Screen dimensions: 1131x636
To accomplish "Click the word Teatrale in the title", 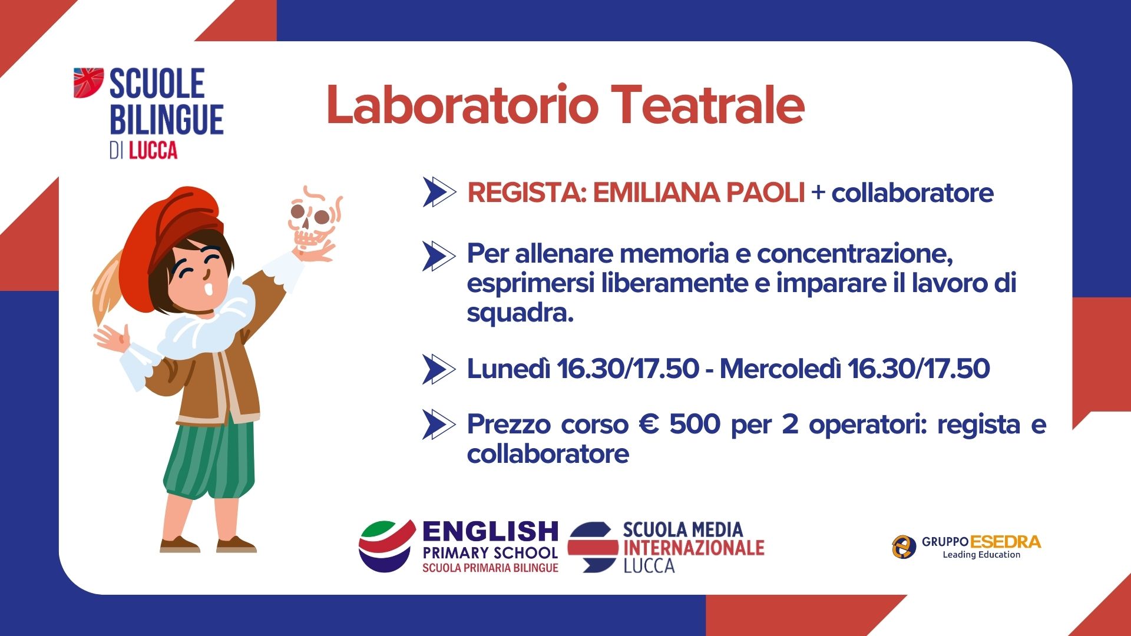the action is click(x=707, y=105).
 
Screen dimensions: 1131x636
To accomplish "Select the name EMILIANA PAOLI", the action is click(x=699, y=193).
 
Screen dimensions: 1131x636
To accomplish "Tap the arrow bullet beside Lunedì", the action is click(x=439, y=369).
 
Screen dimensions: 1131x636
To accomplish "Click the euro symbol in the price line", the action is click(x=649, y=424).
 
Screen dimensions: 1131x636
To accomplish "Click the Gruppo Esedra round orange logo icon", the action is click(x=904, y=546).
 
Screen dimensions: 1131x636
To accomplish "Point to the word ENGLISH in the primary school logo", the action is click(x=490, y=532).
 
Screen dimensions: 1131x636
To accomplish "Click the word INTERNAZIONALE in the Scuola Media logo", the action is click(x=694, y=548).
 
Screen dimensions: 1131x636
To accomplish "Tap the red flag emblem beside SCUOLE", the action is click(x=88, y=82).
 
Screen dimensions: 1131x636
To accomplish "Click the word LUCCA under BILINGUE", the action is click(x=153, y=151).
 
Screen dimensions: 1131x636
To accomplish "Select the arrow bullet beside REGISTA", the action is click(x=439, y=192).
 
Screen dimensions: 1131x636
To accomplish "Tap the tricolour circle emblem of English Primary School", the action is click(x=386, y=546).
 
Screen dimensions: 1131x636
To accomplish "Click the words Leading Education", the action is click(x=981, y=555).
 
